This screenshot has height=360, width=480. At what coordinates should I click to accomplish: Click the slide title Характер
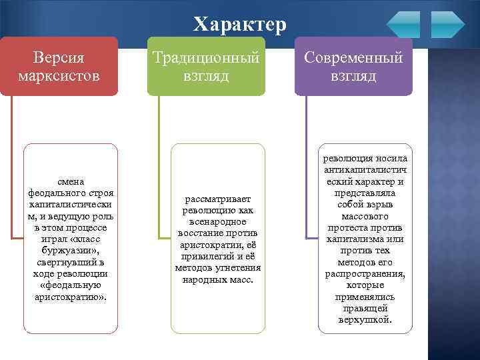coord(240,25)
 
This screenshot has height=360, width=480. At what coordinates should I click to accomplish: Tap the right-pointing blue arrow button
coord(447,24)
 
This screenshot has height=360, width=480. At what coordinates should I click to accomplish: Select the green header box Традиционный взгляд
coord(206,66)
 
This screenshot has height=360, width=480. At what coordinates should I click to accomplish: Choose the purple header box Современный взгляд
coord(353,66)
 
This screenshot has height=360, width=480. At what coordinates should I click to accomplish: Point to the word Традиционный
coord(206,57)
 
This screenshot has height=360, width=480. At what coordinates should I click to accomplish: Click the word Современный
coord(353,57)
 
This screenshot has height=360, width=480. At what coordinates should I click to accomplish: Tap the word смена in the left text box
coord(71,181)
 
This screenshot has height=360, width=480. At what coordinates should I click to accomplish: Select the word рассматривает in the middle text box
coord(218,199)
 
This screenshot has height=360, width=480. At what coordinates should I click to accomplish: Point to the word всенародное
coord(218,221)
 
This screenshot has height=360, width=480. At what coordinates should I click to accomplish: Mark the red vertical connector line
coord(11,200)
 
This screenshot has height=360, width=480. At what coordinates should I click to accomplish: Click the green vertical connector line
coord(159,167)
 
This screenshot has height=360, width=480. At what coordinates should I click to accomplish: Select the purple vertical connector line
coord(306,167)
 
